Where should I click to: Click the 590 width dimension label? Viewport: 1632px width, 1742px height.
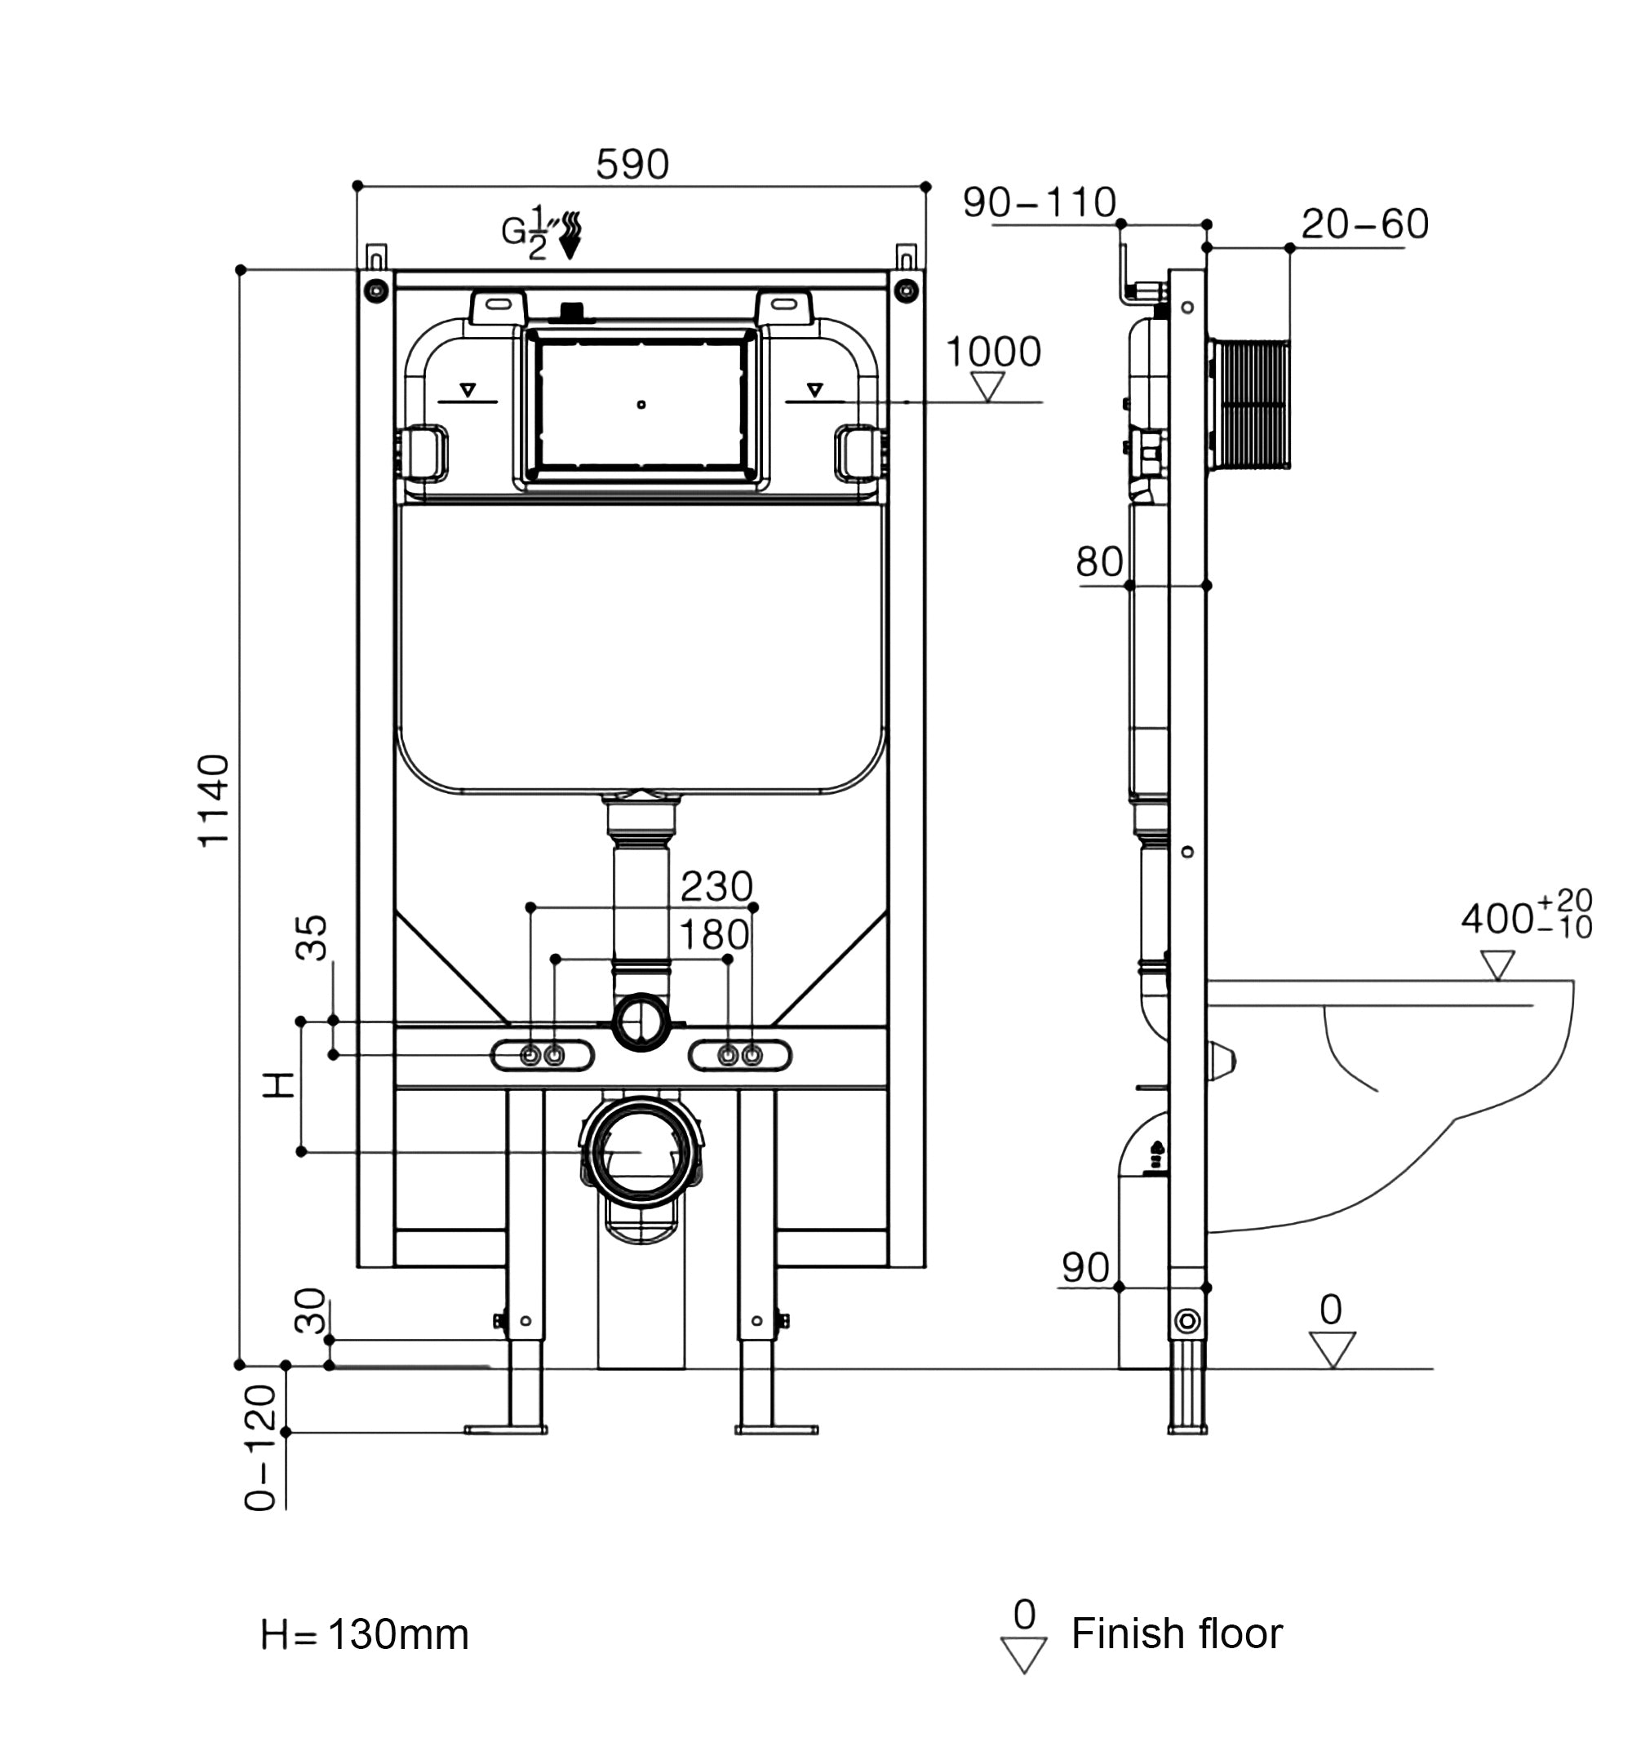(x=632, y=165)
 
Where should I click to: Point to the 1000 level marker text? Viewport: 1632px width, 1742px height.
(x=992, y=352)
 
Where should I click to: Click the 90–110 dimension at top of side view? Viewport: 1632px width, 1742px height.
(x=1039, y=203)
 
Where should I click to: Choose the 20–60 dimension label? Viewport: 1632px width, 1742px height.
(x=1364, y=224)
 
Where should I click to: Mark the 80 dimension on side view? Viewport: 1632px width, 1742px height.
(x=1099, y=561)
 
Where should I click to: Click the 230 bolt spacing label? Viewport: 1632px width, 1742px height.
(x=716, y=887)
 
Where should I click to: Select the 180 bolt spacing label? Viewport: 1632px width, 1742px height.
(x=714, y=935)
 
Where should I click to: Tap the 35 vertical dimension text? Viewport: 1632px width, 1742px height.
(x=312, y=937)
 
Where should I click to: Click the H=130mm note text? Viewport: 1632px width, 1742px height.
(x=365, y=1634)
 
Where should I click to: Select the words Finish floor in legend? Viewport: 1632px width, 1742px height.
(x=1176, y=1633)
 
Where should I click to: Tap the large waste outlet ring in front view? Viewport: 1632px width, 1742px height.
(x=641, y=1151)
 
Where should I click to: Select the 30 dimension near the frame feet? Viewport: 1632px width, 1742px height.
(x=309, y=1310)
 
